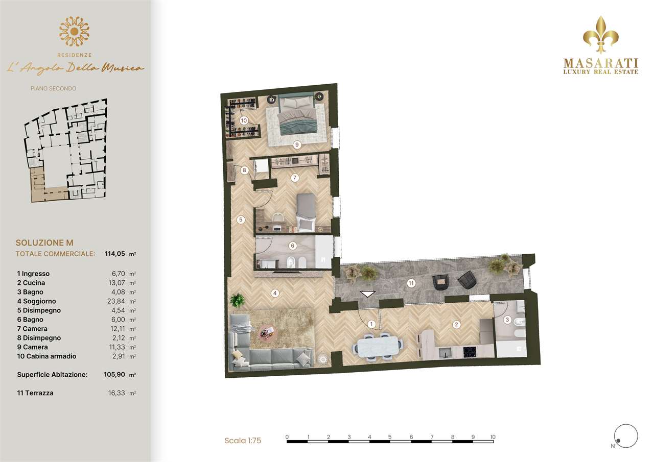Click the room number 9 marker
click(x=297, y=144)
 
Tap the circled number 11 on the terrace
click(x=411, y=283)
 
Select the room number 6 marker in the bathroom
click(x=293, y=246)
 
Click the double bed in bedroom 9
click(x=297, y=114)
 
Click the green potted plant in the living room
click(x=238, y=300)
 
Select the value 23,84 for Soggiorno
click(x=116, y=301)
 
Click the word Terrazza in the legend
click(x=39, y=393)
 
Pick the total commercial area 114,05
click(x=115, y=253)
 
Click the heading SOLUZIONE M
click(x=44, y=242)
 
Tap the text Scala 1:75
click(x=243, y=441)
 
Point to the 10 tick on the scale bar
click(x=493, y=437)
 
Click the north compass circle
click(x=626, y=436)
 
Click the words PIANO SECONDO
click(x=54, y=88)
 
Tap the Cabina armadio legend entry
click(x=46, y=356)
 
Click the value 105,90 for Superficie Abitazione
click(x=114, y=375)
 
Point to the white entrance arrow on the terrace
click(x=367, y=294)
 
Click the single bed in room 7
click(x=306, y=212)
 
